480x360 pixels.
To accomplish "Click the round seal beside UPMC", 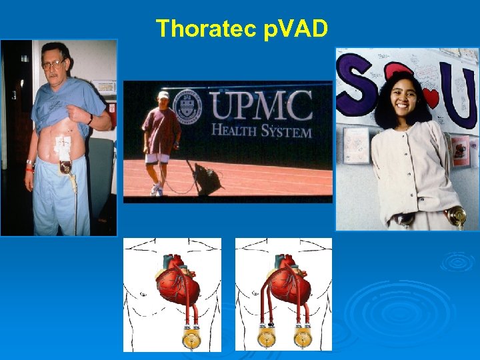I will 187,106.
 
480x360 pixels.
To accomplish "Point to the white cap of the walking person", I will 163,95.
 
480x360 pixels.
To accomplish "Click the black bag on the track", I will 208,179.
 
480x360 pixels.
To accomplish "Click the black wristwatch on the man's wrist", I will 90,119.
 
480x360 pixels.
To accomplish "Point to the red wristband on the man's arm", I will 29,169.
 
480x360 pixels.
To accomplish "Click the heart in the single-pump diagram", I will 178,280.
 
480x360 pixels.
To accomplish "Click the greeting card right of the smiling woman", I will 459,151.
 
